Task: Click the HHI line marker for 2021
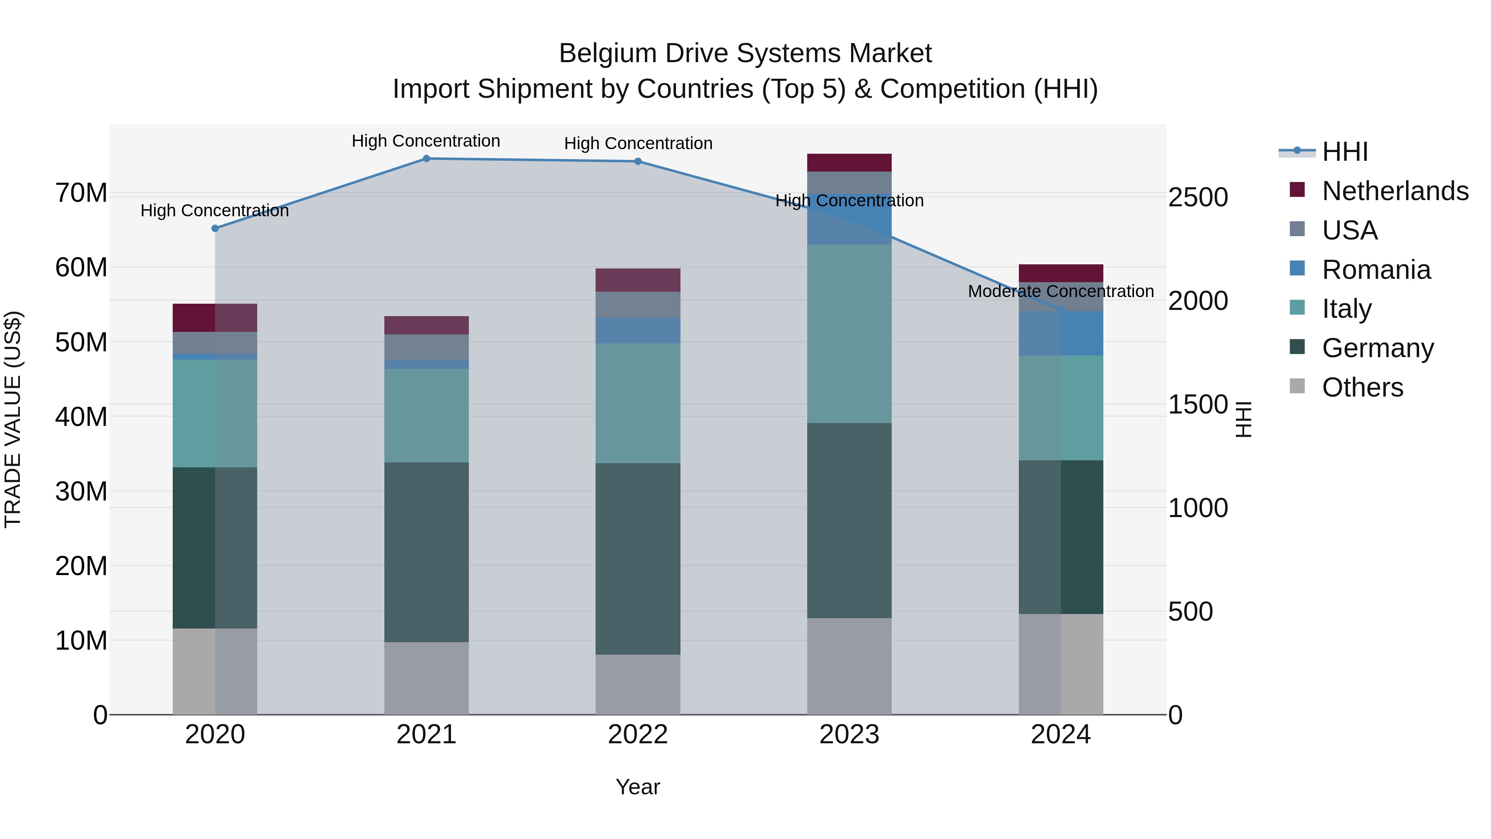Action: click(x=426, y=159)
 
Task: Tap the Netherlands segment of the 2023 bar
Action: click(x=849, y=163)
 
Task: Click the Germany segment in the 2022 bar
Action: click(x=638, y=559)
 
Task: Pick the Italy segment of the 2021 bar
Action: click(x=426, y=415)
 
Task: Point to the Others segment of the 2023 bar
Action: click(x=849, y=666)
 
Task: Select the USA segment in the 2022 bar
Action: click(x=638, y=305)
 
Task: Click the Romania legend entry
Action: click(x=1376, y=270)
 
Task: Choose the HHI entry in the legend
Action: click(x=1344, y=152)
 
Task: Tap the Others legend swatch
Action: click(x=1297, y=386)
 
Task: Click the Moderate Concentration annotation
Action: click(x=1060, y=291)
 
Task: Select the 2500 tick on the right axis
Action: click(x=1197, y=198)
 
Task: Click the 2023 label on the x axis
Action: click(x=849, y=735)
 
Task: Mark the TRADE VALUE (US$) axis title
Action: click(x=13, y=419)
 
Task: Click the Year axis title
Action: click(x=637, y=787)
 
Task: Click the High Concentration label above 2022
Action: click(x=638, y=144)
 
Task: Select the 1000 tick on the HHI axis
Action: click(x=1197, y=508)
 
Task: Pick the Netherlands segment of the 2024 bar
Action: click(x=1060, y=273)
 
